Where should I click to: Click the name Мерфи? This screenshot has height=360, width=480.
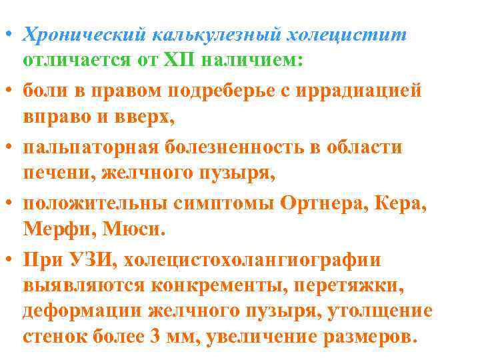[57, 231]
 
